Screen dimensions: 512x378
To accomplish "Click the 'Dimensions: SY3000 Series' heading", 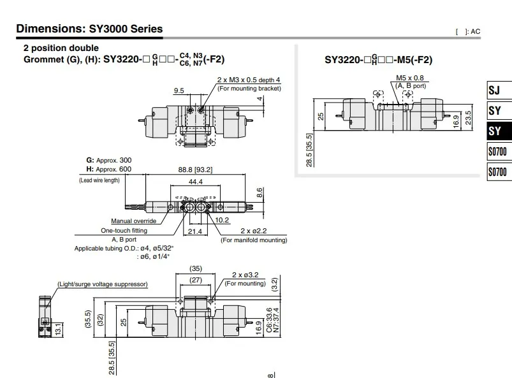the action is (89, 29).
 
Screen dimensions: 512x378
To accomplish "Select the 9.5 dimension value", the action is (179, 91).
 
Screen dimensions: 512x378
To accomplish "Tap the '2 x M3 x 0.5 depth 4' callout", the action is (249, 80).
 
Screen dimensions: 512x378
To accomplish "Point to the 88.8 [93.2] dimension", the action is (195, 170).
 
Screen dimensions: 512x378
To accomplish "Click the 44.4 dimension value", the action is (196, 182).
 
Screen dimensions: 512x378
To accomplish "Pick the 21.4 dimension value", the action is (195, 231).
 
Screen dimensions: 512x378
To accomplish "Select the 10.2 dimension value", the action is (222, 220).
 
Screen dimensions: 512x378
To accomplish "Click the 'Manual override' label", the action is (133, 221).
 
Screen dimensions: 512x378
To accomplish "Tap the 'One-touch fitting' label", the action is (124, 231).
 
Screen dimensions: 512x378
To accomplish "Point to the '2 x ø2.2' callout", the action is (254, 231).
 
